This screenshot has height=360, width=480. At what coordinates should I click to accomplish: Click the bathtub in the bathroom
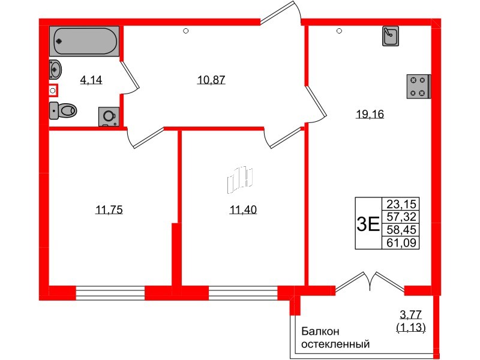point(84,41)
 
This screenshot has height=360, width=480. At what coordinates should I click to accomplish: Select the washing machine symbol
point(109,116)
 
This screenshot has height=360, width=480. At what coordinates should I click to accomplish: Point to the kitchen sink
point(390,37)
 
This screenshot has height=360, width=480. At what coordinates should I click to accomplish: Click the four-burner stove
point(418,86)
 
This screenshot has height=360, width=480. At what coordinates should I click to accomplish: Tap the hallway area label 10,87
point(211,79)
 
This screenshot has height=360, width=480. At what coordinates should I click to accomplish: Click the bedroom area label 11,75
point(109,209)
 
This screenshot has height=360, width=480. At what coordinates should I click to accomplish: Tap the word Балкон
point(320,331)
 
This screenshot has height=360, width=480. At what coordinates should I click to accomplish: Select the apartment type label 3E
point(367,224)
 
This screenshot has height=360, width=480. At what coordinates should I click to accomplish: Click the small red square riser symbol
point(53,91)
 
